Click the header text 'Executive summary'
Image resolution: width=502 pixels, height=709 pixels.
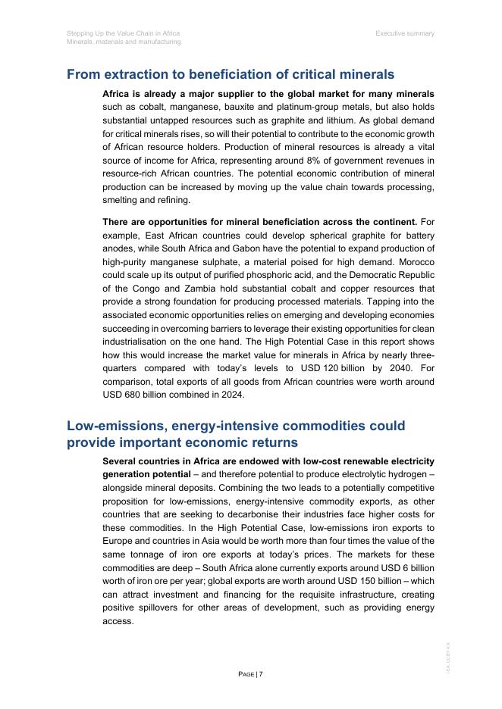click(x=405, y=33)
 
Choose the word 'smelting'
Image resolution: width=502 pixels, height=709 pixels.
click(x=120, y=200)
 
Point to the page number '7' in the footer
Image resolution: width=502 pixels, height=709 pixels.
click(x=261, y=674)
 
